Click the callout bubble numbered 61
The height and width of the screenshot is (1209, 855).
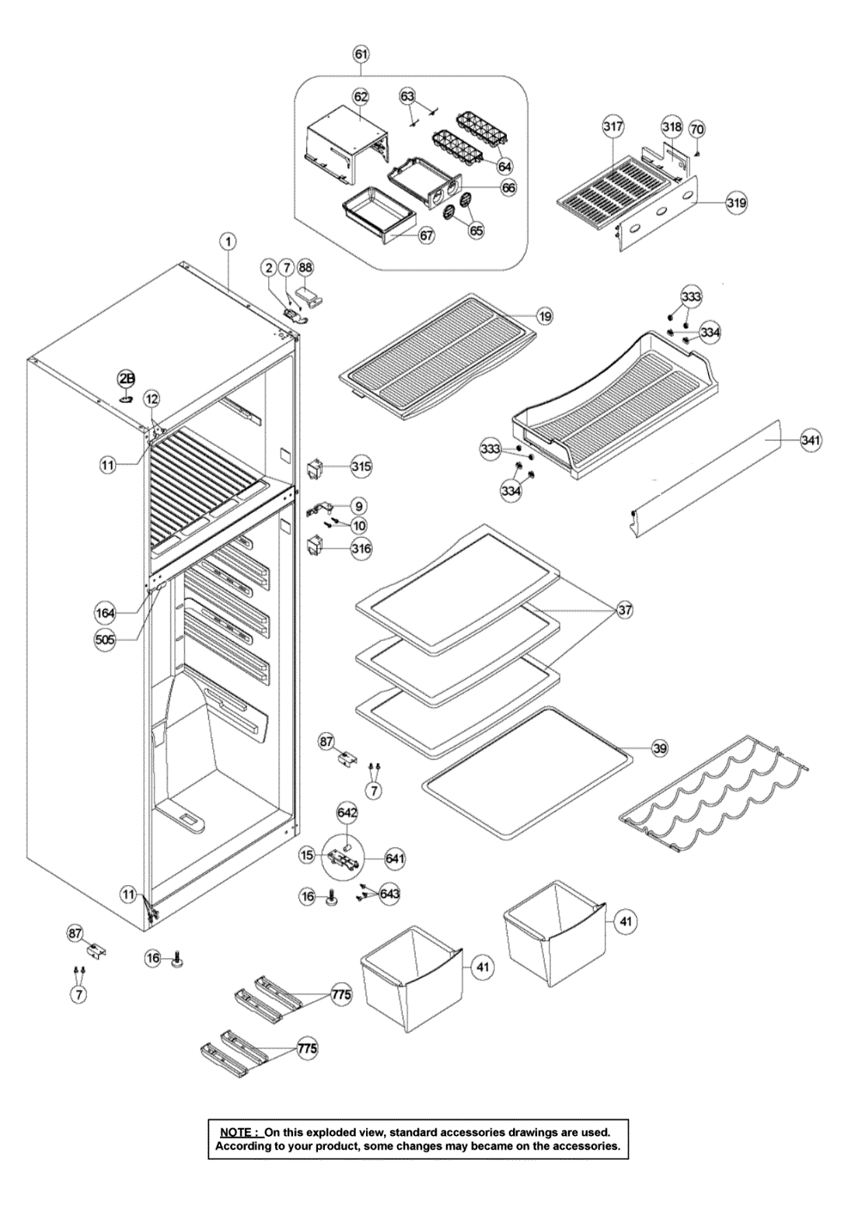[x=361, y=54]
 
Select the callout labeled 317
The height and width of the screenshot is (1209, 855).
[x=612, y=126]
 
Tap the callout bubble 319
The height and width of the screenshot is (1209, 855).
[x=736, y=203]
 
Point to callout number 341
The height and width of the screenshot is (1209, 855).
[x=811, y=440]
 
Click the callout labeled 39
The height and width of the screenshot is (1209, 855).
[x=659, y=748]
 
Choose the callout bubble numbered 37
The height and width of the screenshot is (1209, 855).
[x=624, y=611]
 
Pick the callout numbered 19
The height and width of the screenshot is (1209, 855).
[x=544, y=316]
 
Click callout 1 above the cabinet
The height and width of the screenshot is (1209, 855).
[x=229, y=242]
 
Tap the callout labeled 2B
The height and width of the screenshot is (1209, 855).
[x=126, y=378]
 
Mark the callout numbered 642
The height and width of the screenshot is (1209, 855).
[x=347, y=813]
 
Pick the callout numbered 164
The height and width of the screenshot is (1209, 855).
[x=104, y=613]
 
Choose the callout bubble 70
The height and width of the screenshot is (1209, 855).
[x=696, y=128]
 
